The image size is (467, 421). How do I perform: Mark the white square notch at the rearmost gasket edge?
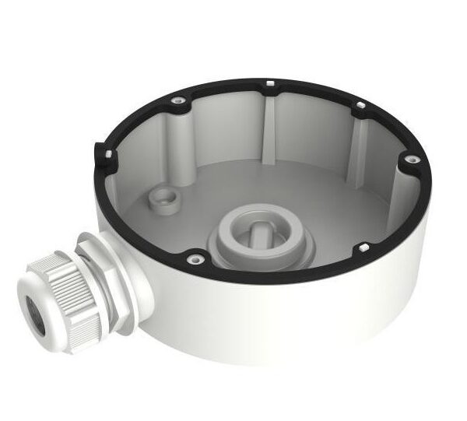pyautogui.click(x=267, y=82)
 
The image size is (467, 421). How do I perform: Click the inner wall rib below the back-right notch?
pyautogui.click(x=358, y=144)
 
